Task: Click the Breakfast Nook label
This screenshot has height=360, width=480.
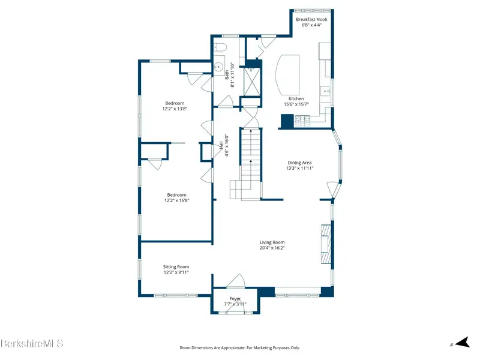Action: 311,19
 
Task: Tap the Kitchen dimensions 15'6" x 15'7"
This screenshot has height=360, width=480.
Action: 296,104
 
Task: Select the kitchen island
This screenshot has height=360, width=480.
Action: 287,75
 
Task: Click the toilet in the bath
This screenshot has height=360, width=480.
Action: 220,47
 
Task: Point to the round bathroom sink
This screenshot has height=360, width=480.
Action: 218,67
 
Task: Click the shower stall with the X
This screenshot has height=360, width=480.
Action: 251,82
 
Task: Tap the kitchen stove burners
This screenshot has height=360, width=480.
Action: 302,121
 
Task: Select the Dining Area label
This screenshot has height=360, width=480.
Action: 299,163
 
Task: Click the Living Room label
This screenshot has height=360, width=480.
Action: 272,242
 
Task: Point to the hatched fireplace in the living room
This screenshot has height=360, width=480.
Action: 326,244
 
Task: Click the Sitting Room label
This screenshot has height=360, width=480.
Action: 176,266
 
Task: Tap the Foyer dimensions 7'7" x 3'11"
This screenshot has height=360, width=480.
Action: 235,304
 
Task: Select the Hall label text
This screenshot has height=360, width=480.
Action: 221,145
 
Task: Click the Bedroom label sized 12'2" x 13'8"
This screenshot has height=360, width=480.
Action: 175,103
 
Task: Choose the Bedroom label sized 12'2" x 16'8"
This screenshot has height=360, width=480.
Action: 176,194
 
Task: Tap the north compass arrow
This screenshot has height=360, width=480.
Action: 462,342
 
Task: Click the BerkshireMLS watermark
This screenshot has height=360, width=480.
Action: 32,343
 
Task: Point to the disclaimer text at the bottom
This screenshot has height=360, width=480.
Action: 239,348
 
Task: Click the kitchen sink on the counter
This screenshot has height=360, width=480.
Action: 325,91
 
